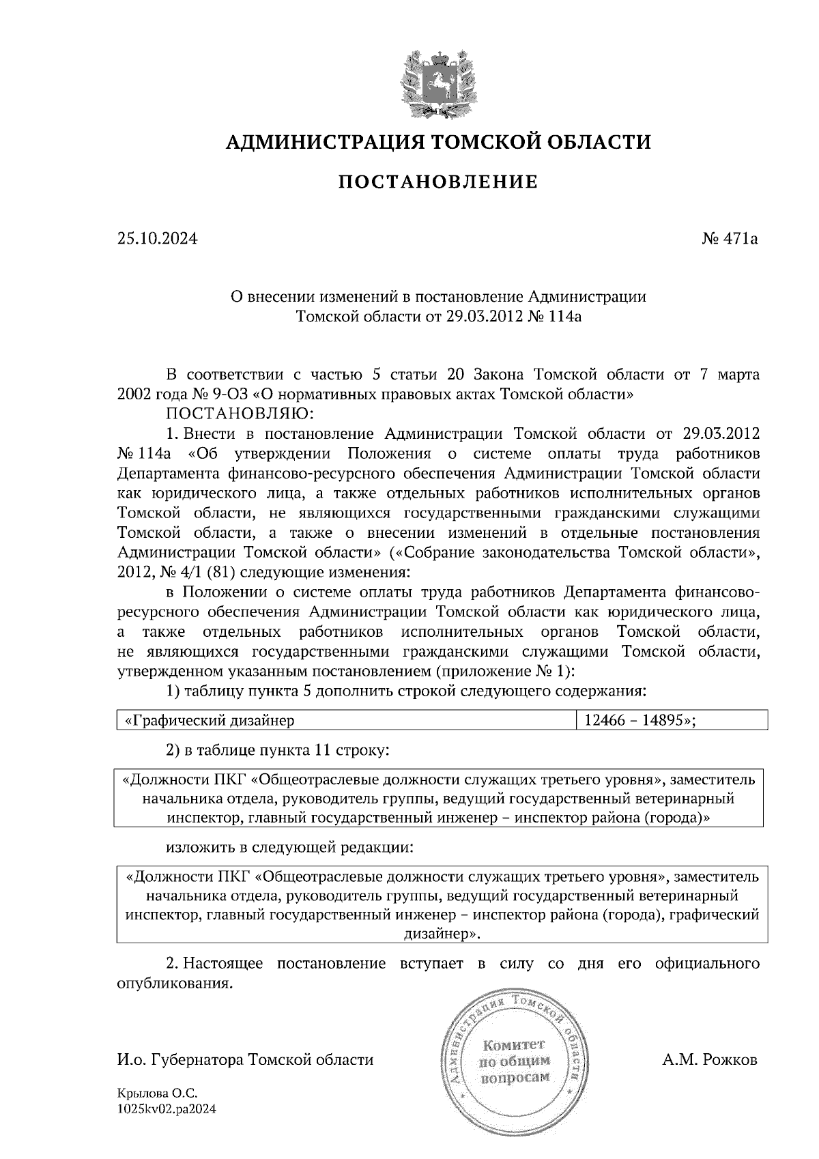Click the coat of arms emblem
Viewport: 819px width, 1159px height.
pos(437,82)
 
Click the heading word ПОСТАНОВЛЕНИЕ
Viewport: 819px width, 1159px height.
pos(438,182)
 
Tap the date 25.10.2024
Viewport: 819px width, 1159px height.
pos(157,239)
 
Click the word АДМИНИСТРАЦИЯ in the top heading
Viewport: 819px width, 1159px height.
pos(318,142)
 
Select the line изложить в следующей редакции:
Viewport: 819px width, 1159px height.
pos(289,848)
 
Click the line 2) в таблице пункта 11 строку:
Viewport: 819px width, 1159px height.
pos(278,750)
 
